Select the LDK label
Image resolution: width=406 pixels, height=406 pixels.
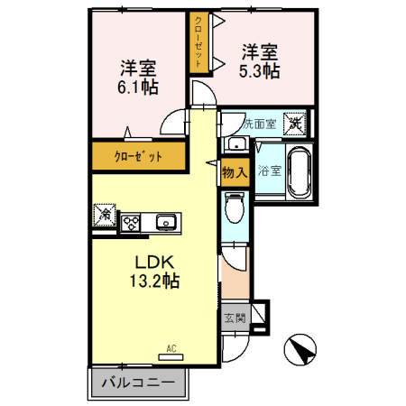(154, 262)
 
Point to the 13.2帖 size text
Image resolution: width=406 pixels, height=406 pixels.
(154, 281)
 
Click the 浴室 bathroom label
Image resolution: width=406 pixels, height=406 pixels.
(268, 170)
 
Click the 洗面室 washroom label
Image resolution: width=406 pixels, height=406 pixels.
(253, 121)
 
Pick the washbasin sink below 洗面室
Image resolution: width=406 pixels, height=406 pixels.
(235, 143)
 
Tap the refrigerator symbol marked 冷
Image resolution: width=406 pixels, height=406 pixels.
(104, 216)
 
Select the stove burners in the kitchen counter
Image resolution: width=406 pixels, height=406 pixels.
(133, 222)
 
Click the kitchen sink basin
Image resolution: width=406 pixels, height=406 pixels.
(165, 222)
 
